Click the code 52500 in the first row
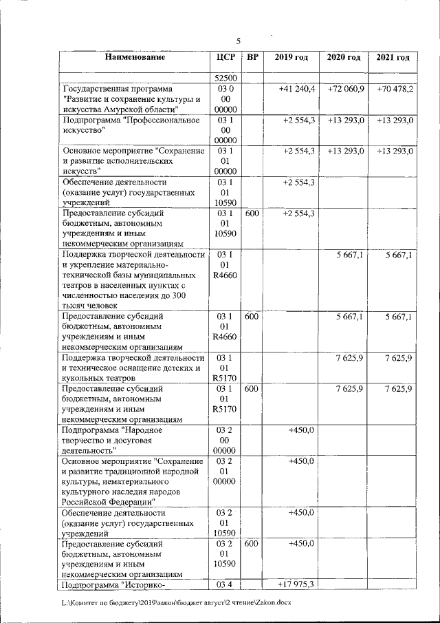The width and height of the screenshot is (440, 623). coord(225,78)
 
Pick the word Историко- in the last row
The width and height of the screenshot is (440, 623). coord(142,585)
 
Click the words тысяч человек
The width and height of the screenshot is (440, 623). coord(89,306)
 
